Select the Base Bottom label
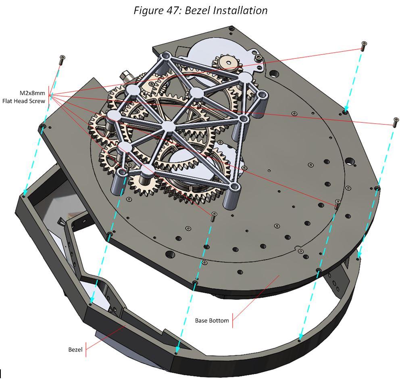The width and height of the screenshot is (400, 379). pyautogui.click(x=212, y=321)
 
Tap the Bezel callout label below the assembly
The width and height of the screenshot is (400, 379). pyautogui.click(x=75, y=350)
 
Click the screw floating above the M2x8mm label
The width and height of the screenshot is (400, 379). pyautogui.click(x=62, y=60)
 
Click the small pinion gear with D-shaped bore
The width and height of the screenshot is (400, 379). pyautogui.click(x=229, y=62)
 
